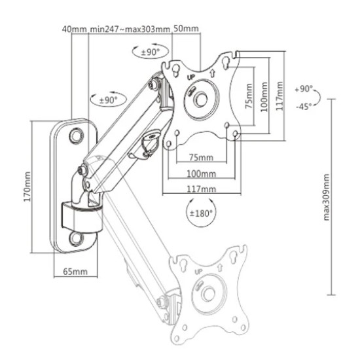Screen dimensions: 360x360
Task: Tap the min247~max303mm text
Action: tap(130, 29)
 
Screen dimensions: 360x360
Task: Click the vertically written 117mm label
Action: tap(280, 96)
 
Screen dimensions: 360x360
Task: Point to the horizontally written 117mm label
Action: tap(201, 189)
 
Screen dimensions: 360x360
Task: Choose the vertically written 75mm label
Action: tap(249, 97)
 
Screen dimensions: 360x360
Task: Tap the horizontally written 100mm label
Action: tap(201, 173)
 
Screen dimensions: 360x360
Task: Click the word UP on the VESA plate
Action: tap(191, 77)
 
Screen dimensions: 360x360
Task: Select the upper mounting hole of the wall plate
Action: tap(76, 135)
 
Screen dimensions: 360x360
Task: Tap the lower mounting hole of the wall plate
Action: tap(76, 237)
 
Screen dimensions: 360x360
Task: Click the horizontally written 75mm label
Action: tap(201, 158)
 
